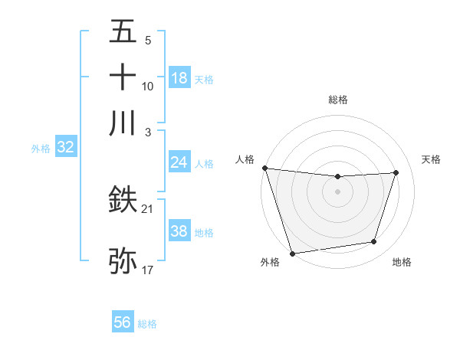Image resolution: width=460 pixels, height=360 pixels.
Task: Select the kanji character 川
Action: click(x=123, y=123)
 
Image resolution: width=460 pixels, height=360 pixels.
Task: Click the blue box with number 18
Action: click(x=179, y=77)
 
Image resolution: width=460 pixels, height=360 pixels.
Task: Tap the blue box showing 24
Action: click(x=179, y=162)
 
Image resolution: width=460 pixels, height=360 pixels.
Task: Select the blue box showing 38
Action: click(x=179, y=231)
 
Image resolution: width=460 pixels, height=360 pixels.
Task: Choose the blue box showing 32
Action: click(x=65, y=147)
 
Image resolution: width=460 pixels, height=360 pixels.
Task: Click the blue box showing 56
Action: click(x=123, y=322)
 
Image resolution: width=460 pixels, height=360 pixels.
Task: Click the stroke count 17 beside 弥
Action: click(x=148, y=270)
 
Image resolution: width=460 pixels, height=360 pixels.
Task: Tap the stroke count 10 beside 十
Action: click(x=148, y=86)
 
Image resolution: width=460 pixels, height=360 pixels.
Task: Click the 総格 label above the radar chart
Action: click(x=338, y=100)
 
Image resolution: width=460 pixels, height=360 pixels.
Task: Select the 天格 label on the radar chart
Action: click(x=431, y=159)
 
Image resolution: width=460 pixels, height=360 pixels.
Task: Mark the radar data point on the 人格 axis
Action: click(x=264, y=168)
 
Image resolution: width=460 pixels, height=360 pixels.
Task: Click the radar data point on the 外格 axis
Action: click(x=292, y=253)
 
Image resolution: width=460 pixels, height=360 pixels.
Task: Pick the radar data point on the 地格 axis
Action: click(x=374, y=242)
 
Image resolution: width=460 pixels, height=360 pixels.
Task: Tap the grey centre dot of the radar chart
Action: click(x=338, y=191)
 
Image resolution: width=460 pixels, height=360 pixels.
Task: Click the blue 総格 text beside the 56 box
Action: click(x=147, y=324)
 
